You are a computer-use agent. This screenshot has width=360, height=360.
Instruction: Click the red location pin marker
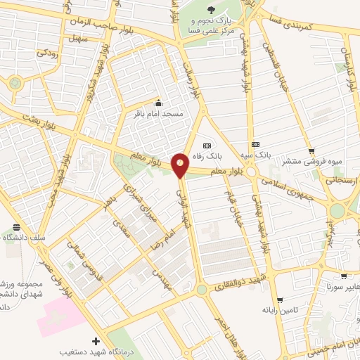click(x=181, y=165)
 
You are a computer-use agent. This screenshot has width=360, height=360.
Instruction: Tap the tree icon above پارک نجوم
click(x=213, y=10)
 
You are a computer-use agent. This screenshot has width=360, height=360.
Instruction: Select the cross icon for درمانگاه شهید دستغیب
click(x=96, y=341)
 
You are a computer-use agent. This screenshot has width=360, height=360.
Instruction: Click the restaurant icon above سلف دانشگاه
click(x=16, y=228)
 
